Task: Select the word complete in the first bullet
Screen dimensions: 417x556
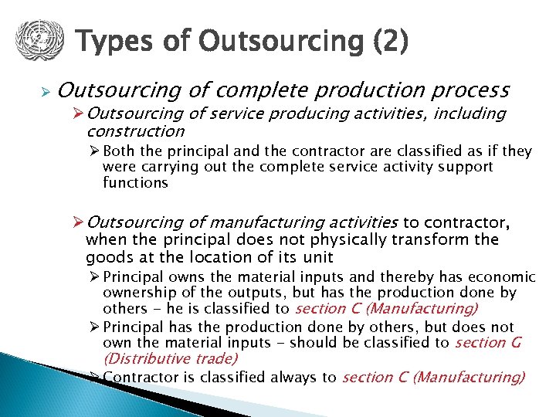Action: [x=273, y=90]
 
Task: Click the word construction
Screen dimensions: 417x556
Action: [x=136, y=131]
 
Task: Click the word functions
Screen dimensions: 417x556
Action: [x=135, y=183]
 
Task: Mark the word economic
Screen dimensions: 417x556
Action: [x=502, y=276]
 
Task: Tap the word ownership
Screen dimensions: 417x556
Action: [x=137, y=293]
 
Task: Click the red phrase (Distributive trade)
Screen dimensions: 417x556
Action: [x=170, y=358]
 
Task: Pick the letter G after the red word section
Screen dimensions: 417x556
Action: [x=514, y=342]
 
